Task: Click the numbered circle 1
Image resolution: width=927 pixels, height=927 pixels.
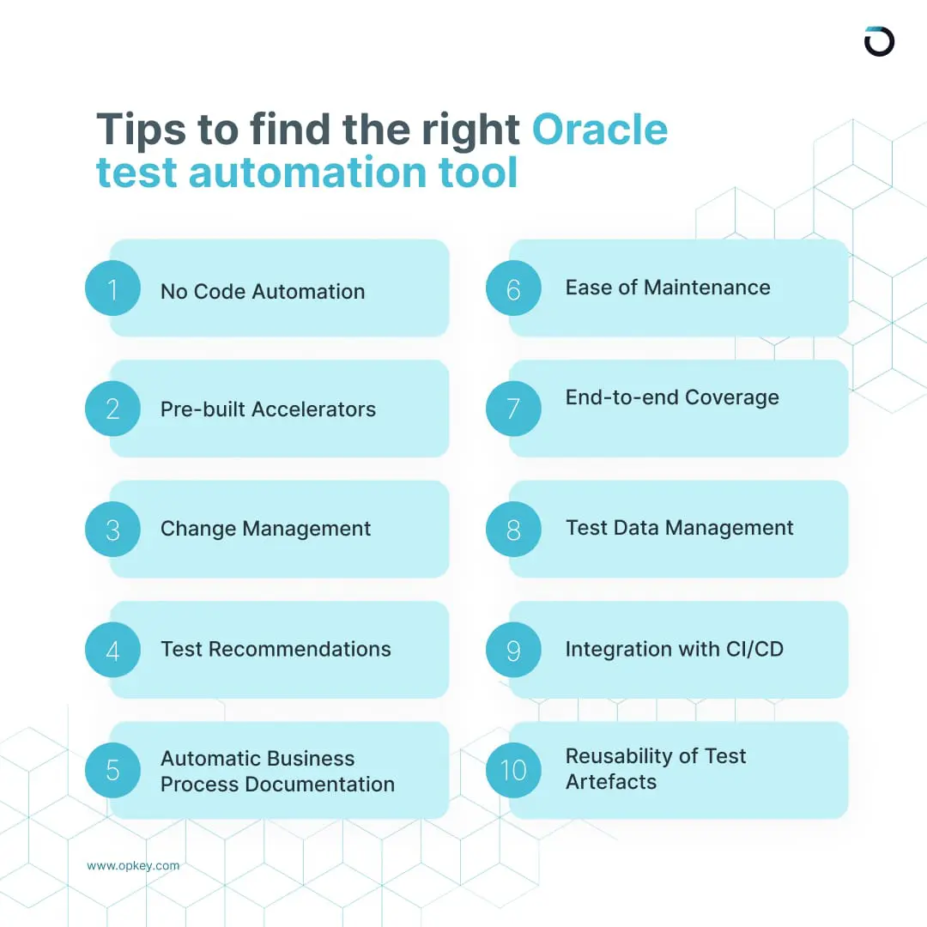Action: click(x=112, y=288)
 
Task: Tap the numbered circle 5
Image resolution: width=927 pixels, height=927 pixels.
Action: click(x=112, y=769)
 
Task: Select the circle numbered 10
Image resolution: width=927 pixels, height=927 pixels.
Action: click(x=513, y=769)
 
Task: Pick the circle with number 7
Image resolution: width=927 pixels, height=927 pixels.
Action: click(x=513, y=409)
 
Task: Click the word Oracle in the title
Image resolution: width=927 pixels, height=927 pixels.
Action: click(x=599, y=130)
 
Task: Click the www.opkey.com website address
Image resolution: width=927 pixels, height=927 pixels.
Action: click(x=133, y=865)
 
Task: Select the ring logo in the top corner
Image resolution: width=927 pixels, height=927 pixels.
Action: click(x=879, y=41)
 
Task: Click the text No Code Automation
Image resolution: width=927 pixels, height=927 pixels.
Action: click(x=263, y=292)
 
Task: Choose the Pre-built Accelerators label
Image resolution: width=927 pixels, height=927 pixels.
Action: click(x=268, y=409)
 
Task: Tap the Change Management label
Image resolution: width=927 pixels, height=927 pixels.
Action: click(x=265, y=529)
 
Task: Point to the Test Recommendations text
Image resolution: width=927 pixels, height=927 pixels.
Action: click(x=276, y=649)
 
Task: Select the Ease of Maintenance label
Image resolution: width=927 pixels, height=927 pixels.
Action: click(x=668, y=288)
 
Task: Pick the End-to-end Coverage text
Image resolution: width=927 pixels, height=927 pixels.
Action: click(x=672, y=397)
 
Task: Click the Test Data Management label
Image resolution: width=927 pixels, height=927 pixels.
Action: click(x=680, y=528)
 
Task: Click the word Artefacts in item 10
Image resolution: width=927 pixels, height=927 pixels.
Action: click(x=611, y=782)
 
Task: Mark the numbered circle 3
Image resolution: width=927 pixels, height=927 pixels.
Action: click(x=112, y=529)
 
